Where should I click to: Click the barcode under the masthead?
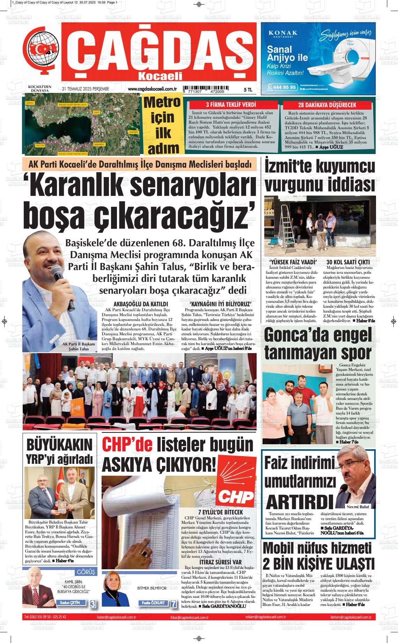206,89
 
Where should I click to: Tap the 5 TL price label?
248,90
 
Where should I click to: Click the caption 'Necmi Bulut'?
358,506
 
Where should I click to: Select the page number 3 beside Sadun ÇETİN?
93,604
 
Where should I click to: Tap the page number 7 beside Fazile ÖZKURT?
173,604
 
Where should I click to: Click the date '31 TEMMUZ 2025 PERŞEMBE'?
86,89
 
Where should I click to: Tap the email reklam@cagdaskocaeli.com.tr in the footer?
266,617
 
